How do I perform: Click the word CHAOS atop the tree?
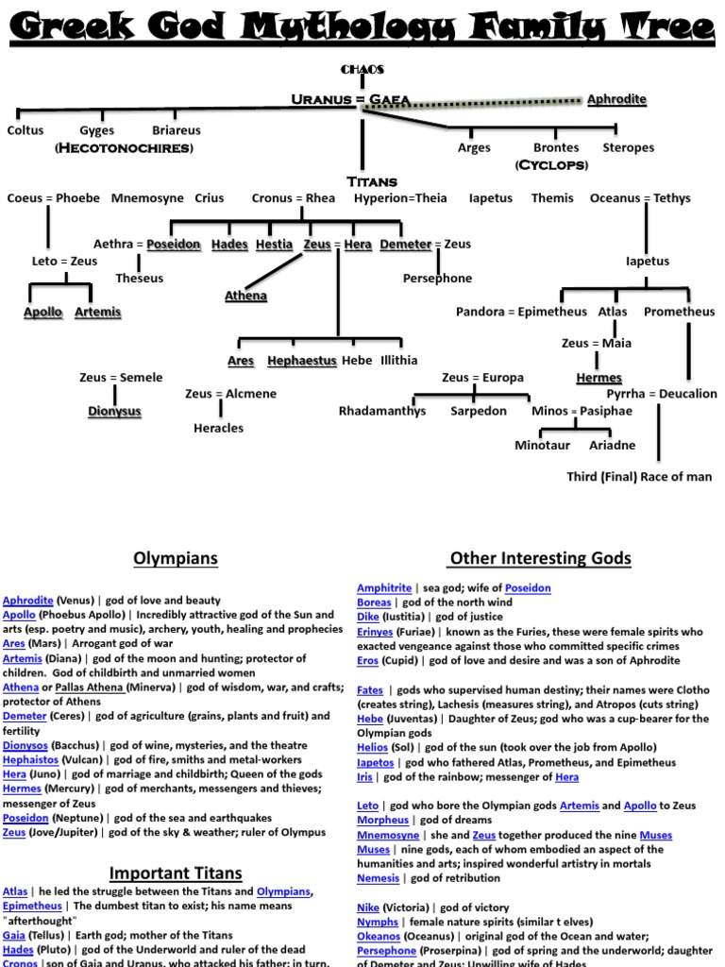(362, 70)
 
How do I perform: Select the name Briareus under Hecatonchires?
(176, 130)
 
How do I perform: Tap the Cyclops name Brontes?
(556, 147)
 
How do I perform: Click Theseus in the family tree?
(139, 278)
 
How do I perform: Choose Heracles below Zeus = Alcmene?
(218, 428)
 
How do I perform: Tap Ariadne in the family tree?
(612, 445)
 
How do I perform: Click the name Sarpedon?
(478, 411)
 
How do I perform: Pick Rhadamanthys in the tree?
(382, 411)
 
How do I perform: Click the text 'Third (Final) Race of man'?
(639, 477)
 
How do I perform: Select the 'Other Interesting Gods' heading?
(540, 558)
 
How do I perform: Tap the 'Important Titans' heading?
(176, 873)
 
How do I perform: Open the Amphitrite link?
(383, 588)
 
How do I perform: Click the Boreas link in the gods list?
(374, 602)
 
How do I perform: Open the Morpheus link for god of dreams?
(382, 820)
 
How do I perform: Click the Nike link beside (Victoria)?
(368, 908)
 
